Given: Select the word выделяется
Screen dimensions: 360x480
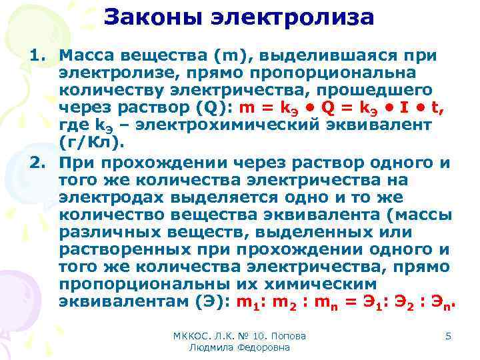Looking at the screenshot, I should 221,199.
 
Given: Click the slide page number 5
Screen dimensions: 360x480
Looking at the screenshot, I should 448,336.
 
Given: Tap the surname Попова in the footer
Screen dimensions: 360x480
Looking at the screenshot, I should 297,336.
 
